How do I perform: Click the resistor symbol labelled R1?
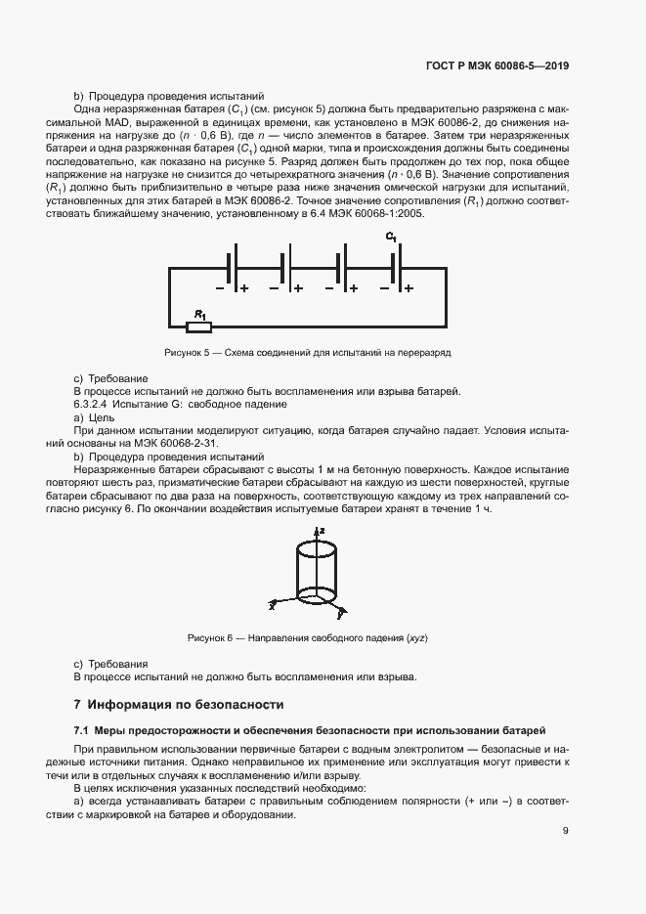click(x=198, y=326)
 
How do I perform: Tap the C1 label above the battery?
click(x=391, y=238)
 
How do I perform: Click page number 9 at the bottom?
click(x=566, y=831)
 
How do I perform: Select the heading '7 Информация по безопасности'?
click(x=179, y=703)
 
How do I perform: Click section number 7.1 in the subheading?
click(x=82, y=730)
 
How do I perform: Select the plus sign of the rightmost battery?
click(x=409, y=288)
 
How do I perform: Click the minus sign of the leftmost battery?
click(x=220, y=288)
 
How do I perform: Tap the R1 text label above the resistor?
click(x=199, y=314)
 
